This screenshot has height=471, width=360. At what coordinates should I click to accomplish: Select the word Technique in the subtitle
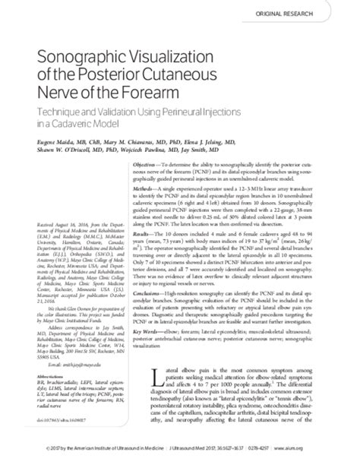(x=52, y=109)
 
